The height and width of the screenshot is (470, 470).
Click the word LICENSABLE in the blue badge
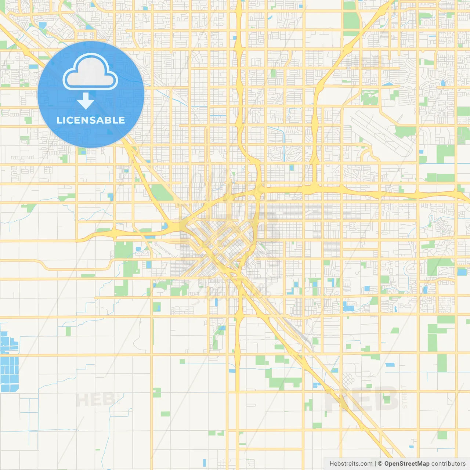[x=91, y=120]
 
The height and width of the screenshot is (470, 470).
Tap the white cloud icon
[x=90, y=72]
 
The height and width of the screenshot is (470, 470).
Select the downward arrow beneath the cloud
[x=86, y=101]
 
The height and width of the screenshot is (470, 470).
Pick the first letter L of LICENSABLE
[x=59, y=120]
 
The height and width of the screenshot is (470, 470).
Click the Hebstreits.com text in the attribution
[x=351, y=464]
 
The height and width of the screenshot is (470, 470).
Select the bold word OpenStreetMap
[x=406, y=464]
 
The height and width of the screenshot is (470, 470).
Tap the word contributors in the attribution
[x=448, y=464]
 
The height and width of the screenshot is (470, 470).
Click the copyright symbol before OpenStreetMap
[x=380, y=464]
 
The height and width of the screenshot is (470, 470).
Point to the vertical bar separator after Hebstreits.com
[x=375, y=464]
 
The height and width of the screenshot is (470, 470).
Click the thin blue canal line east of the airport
[x=441, y=163]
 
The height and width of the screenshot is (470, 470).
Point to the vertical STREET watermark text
[x=405, y=397]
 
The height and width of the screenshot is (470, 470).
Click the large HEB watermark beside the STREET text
[x=362, y=398]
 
